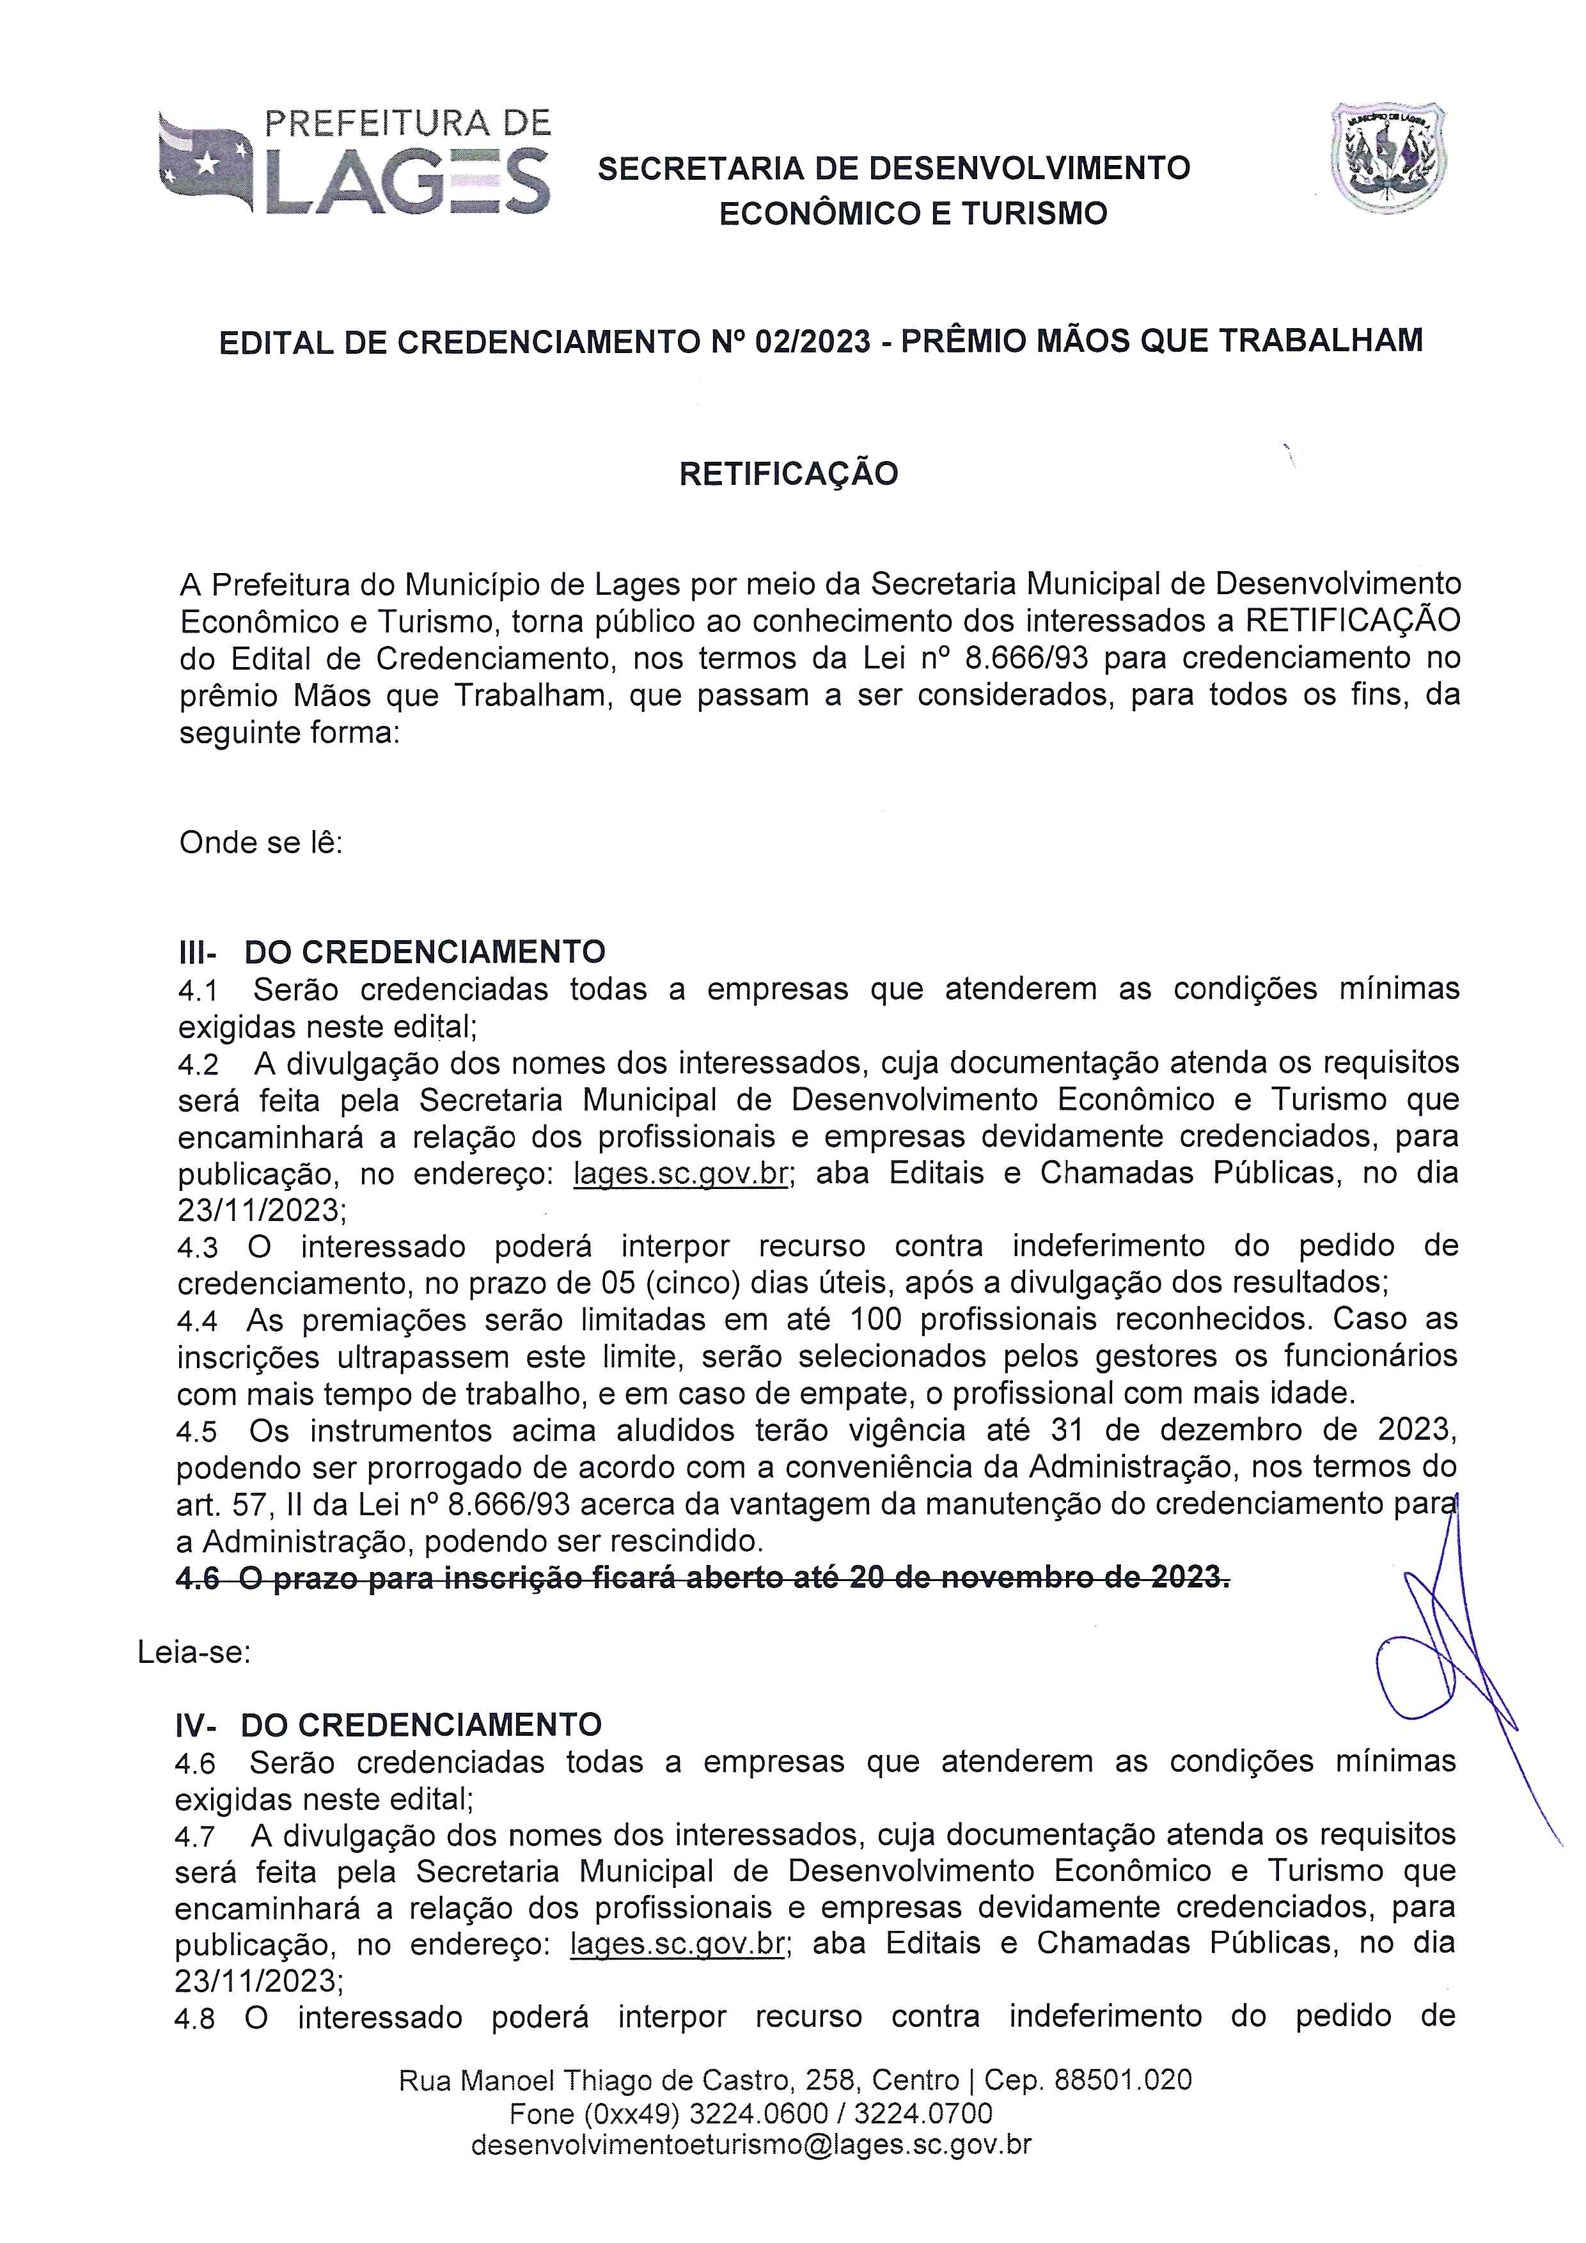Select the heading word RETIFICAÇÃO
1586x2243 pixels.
point(788,474)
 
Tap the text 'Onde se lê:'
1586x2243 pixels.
point(261,842)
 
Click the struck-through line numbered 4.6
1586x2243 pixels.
point(703,1578)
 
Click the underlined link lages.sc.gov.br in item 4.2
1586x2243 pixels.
point(680,1173)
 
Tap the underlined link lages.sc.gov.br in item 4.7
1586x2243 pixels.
point(677,1943)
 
